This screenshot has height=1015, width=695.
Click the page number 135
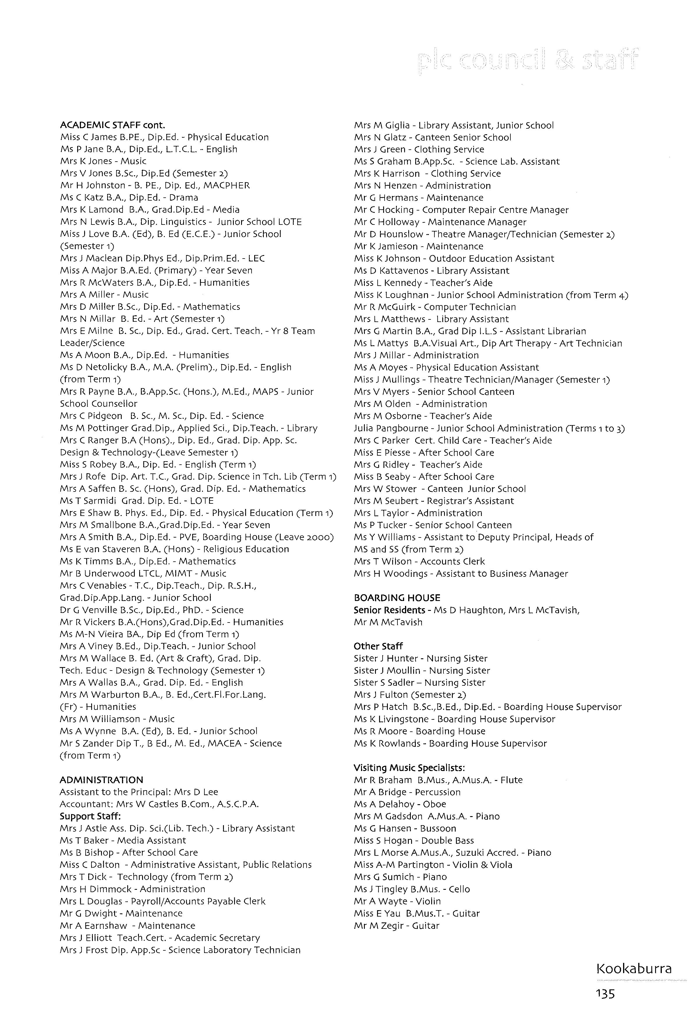605,994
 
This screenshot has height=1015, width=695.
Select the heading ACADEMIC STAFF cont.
112,125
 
